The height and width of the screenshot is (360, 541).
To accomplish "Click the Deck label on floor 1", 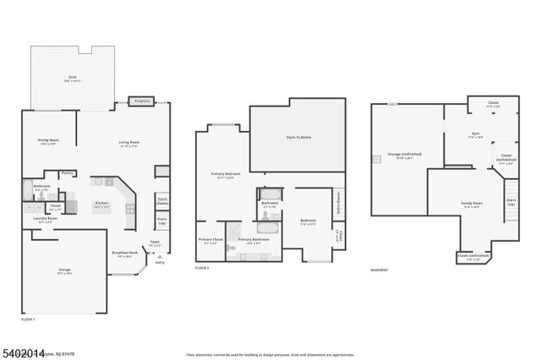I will [x=72, y=78].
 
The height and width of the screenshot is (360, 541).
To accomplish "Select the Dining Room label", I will [x=48, y=140].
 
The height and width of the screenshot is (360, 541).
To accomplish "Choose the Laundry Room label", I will [x=46, y=218].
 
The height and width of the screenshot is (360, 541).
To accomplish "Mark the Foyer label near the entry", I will [x=155, y=242].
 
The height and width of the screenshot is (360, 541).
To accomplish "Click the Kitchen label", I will [x=101, y=203].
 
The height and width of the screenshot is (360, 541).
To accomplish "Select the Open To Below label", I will [x=298, y=137].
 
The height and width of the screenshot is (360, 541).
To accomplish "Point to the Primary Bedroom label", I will [x=226, y=174].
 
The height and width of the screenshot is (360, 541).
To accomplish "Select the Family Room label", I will [x=472, y=204].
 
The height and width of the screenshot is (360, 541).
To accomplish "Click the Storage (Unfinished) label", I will [x=405, y=155].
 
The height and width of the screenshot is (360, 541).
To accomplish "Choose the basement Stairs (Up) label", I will [x=511, y=204].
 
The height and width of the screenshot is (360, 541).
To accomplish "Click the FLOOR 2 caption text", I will [x=201, y=268].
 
